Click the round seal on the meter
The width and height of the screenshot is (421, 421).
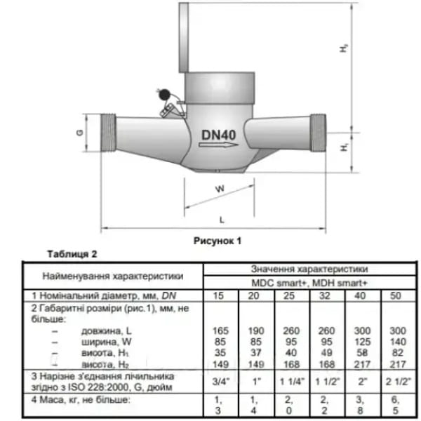163,94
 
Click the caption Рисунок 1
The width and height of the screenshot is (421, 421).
217,240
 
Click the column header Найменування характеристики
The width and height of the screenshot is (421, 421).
112,274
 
